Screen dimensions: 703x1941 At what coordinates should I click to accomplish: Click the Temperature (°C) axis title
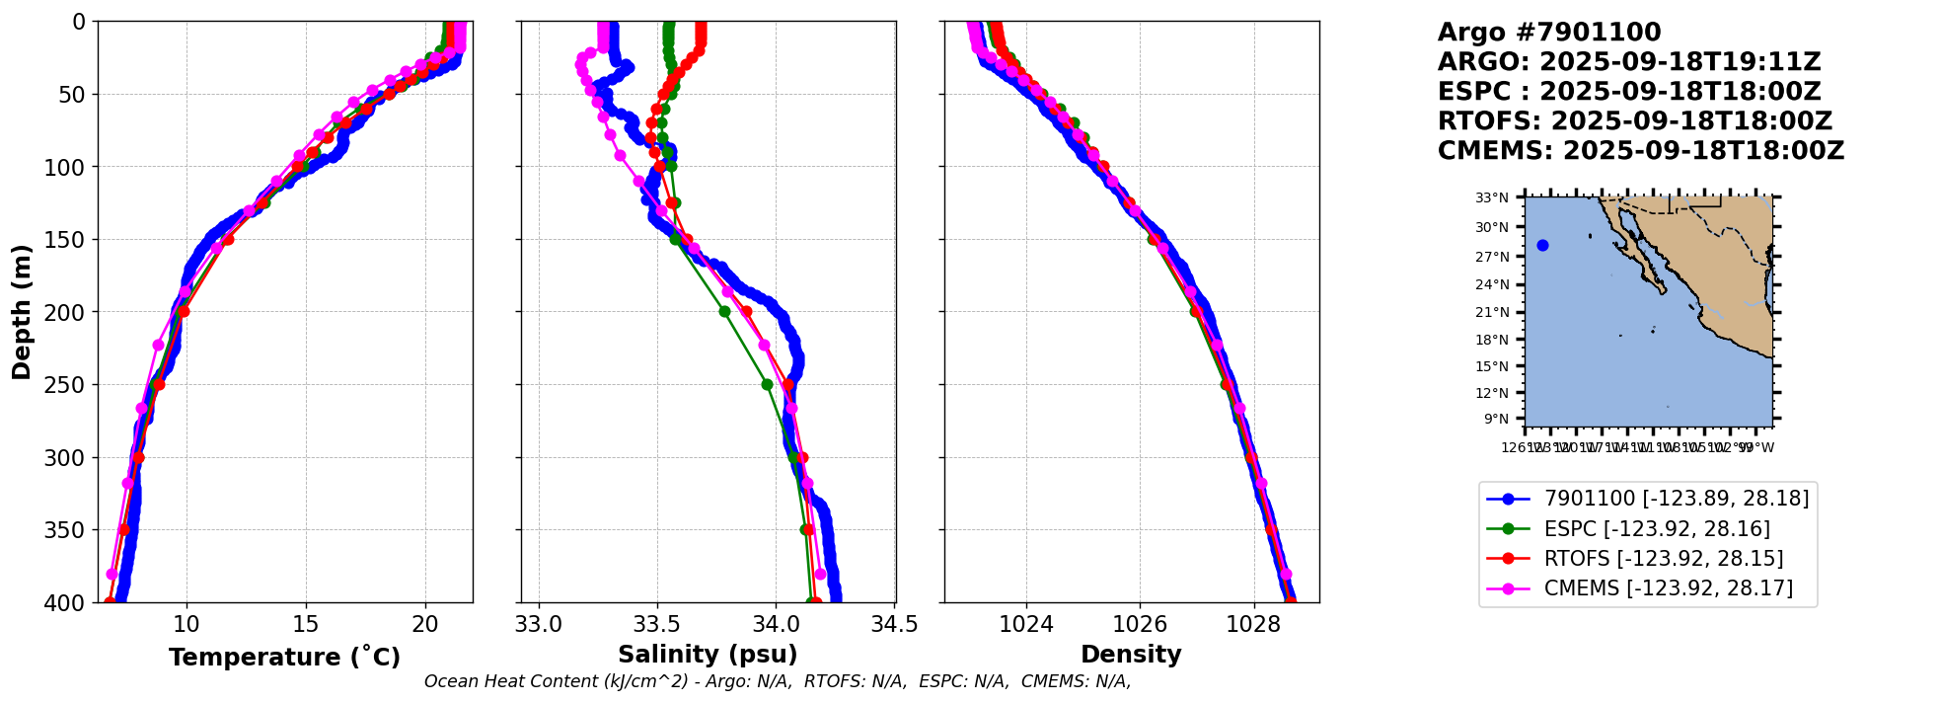284,658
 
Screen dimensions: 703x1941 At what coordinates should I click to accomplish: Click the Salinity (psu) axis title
708,655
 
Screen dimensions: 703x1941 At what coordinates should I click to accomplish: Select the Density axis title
1131,655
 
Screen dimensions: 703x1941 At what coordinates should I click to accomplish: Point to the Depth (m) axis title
22,312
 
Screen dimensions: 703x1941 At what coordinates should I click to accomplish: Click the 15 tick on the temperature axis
306,624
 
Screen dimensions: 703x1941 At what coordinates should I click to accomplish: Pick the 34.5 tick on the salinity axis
894,624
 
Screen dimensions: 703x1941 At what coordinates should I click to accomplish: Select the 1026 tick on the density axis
1140,624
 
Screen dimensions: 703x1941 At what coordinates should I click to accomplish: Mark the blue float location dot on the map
1542,246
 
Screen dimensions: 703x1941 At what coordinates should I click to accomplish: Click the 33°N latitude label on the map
1492,198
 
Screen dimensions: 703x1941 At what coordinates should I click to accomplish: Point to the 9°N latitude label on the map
1496,419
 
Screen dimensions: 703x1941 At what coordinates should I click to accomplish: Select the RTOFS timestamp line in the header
1634,121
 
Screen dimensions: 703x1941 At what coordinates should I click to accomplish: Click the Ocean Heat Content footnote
777,681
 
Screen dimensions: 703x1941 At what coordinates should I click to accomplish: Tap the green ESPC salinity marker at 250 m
767,385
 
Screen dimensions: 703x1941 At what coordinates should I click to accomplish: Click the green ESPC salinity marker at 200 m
724,312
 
